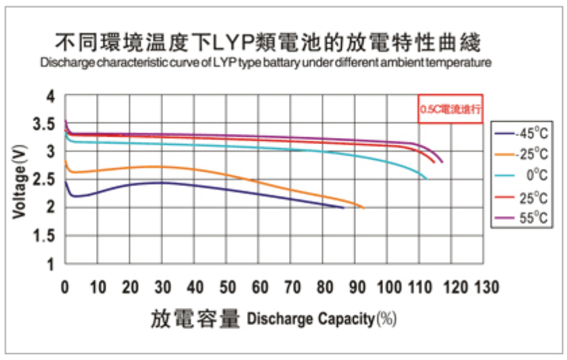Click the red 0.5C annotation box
tap(450, 108)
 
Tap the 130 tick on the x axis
tap(486, 288)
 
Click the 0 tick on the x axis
tap(65, 288)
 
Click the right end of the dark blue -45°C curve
tap(343, 208)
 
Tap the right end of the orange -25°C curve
tap(363, 208)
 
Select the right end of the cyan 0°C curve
tap(426, 178)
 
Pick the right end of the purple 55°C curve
tap(442, 162)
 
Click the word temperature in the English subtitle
tap(462, 63)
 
